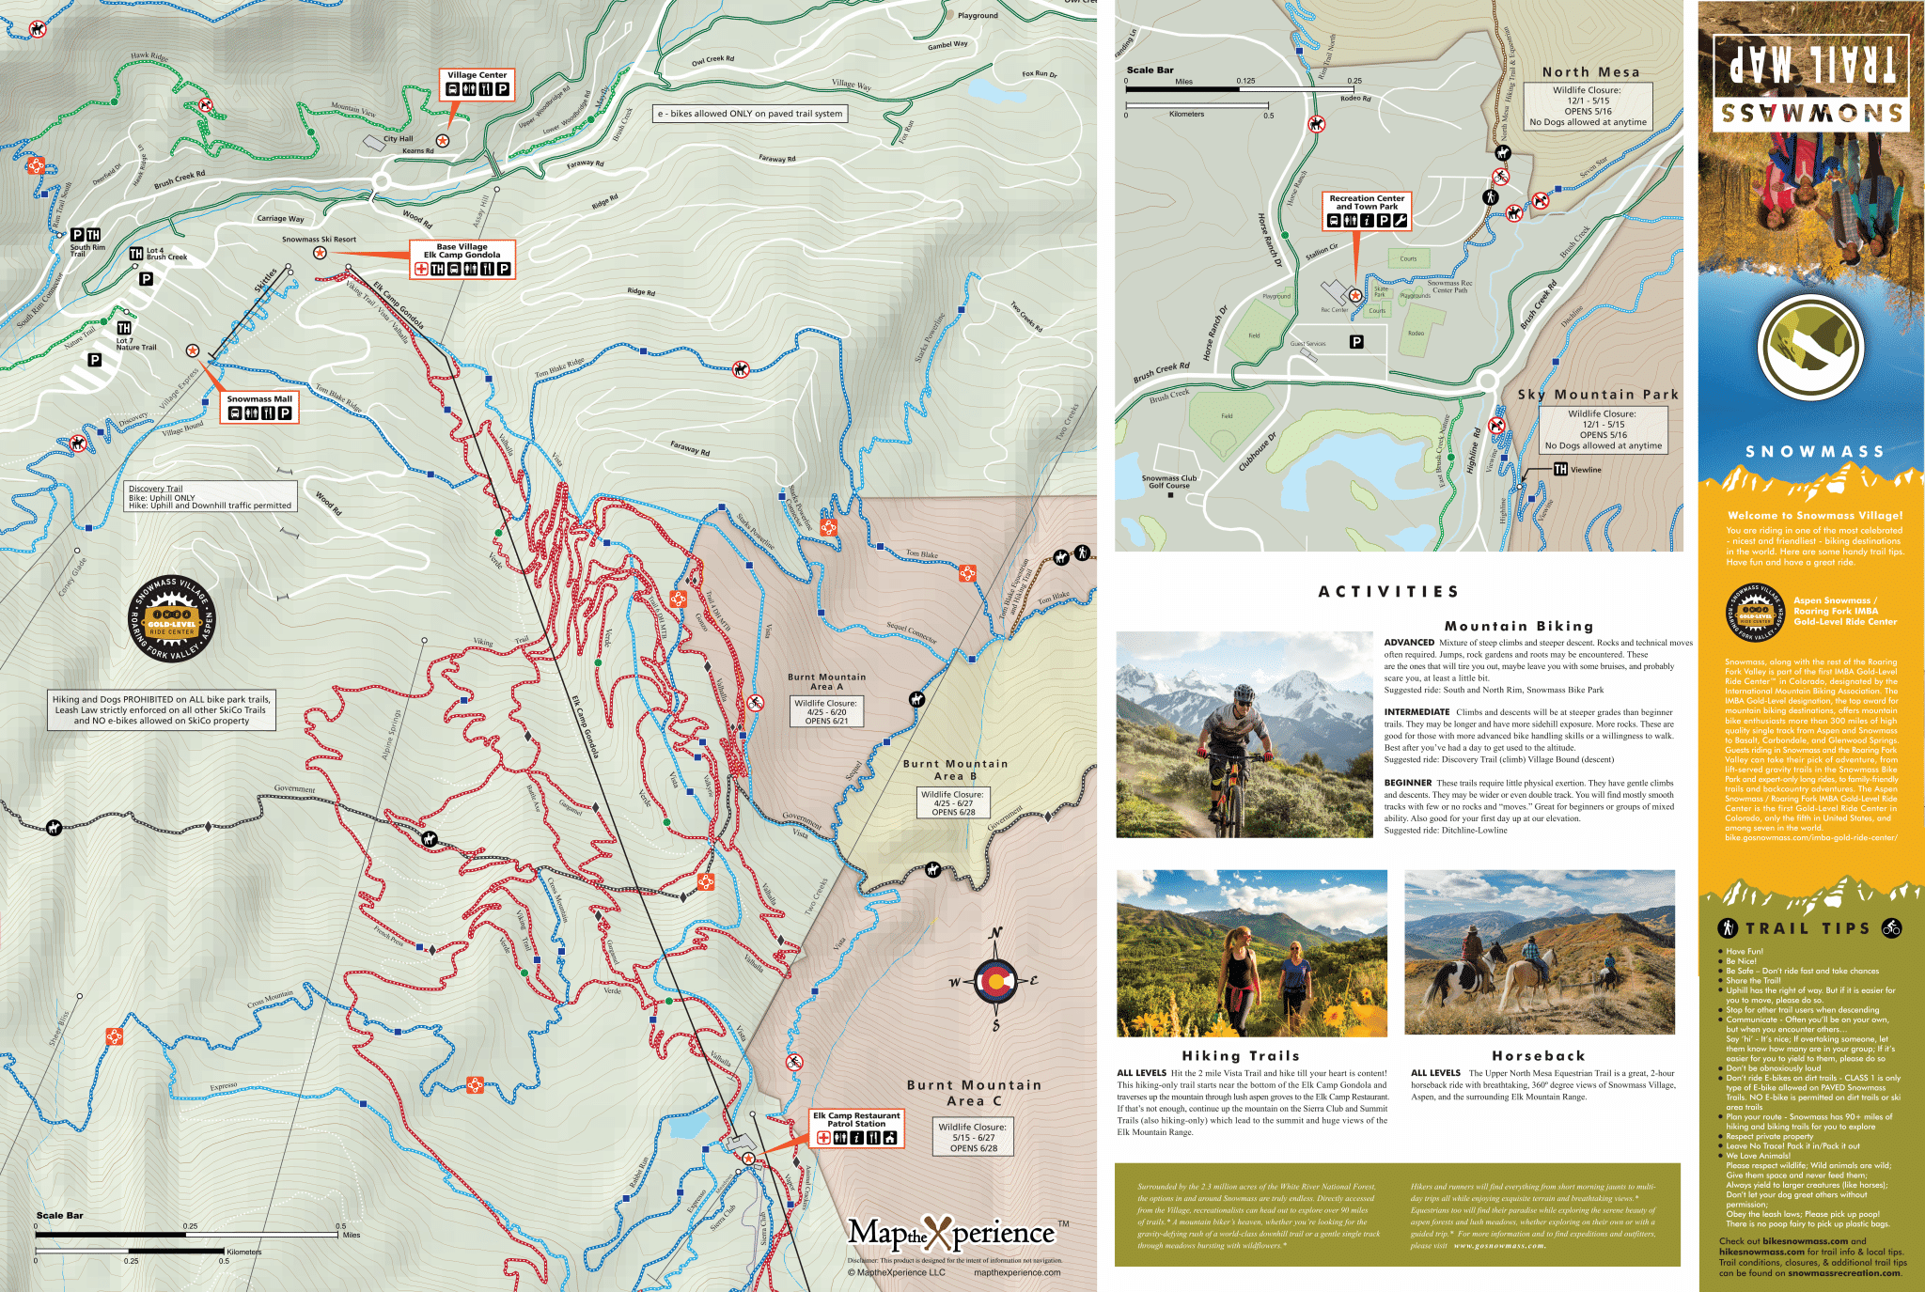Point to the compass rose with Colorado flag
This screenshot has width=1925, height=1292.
(x=995, y=982)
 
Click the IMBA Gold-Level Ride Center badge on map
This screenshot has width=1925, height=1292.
(x=172, y=618)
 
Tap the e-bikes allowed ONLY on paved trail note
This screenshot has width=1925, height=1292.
(x=750, y=114)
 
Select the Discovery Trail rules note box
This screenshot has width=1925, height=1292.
(x=211, y=497)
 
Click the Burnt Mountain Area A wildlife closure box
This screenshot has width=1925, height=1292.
(x=826, y=711)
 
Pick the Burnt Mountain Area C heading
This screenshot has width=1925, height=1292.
(x=974, y=1092)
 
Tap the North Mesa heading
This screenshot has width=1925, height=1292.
(x=1590, y=72)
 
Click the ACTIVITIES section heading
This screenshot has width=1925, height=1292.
(x=1388, y=591)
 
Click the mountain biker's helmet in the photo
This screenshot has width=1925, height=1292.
(x=1244, y=694)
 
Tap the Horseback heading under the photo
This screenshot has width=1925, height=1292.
(x=1538, y=1056)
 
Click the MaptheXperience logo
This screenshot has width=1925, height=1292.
(x=951, y=1233)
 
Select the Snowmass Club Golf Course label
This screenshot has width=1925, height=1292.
(x=1168, y=482)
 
